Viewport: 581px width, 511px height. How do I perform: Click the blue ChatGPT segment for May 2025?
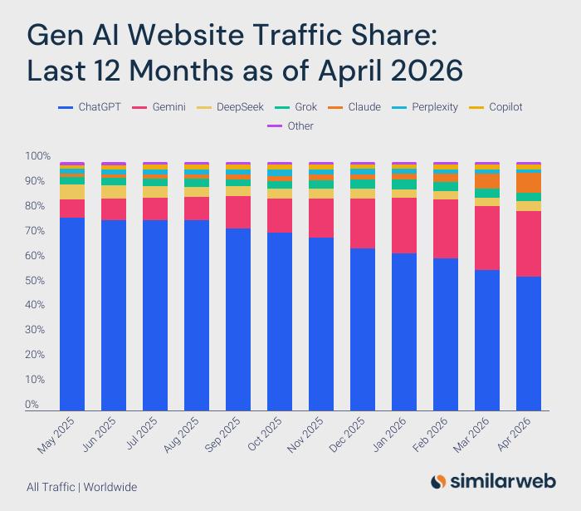(72, 314)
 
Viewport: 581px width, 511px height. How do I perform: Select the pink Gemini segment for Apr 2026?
(529, 243)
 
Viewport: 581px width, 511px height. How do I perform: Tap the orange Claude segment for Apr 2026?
(529, 183)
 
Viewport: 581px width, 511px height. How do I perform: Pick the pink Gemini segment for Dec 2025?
(363, 224)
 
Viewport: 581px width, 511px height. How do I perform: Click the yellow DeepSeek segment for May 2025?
(72, 192)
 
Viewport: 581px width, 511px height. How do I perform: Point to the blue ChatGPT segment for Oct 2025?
(280, 322)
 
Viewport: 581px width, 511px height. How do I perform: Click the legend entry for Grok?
(296, 107)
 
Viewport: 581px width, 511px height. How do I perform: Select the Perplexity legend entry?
(425, 107)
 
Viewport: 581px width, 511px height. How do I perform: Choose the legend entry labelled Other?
(290, 126)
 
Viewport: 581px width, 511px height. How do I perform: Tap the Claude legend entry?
(354, 107)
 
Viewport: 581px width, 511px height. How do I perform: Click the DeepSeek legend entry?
(230, 107)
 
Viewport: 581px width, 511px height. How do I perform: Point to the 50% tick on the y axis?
(35, 280)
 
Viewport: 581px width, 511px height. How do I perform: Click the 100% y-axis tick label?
(37, 155)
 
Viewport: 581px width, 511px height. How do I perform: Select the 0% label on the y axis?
(32, 404)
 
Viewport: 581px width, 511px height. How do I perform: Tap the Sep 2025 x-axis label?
(222, 435)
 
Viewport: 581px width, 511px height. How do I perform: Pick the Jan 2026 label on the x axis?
(388, 435)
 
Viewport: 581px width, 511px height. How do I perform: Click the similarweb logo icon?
(438, 481)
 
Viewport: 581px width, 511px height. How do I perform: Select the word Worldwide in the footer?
(110, 487)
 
